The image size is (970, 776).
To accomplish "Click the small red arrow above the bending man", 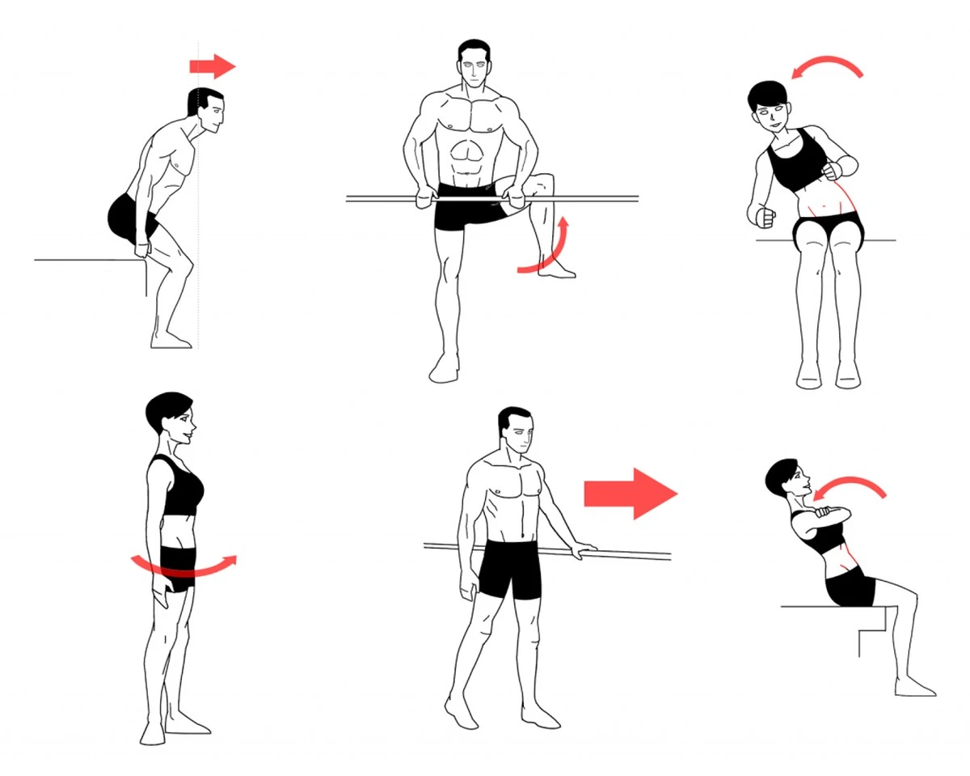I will [213, 66].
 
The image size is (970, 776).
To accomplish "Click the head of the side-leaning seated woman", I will [768, 105].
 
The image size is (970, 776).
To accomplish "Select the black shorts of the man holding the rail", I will [509, 569].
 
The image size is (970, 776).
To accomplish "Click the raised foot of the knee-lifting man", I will [556, 271].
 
